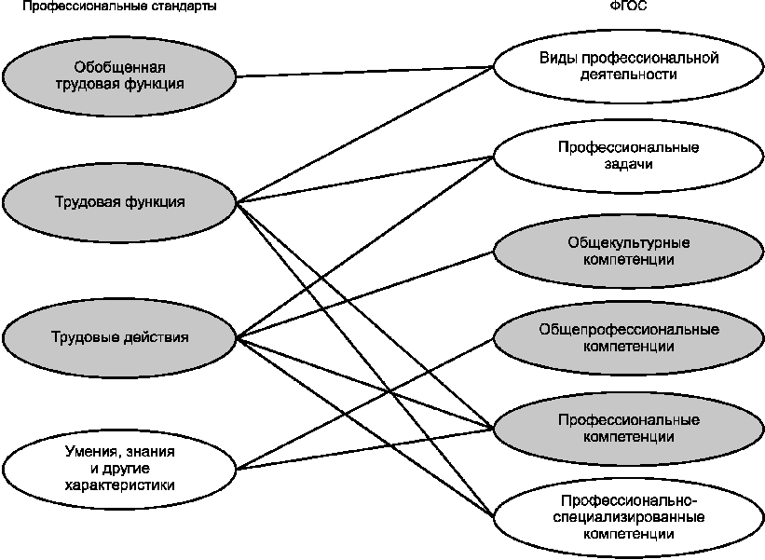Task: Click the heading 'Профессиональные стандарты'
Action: pos(119,7)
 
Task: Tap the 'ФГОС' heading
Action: pos(628,6)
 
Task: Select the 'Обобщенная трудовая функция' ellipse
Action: pos(119,75)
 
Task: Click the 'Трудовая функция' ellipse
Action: pos(119,202)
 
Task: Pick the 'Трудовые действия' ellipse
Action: pos(119,337)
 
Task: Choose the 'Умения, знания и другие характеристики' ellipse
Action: pos(119,469)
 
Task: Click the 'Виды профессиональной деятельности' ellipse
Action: pos(628,66)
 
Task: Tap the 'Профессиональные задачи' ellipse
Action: pos(628,156)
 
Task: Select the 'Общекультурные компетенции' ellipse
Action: pos(628,251)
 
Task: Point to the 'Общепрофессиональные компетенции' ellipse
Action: pos(628,337)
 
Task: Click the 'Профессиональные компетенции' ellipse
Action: pos(628,429)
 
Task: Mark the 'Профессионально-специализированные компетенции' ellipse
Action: pos(628,517)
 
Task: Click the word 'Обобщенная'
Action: pos(119,67)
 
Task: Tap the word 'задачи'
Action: pos(628,164)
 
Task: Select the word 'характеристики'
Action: pos(119,485)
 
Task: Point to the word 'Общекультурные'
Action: pos(628,243)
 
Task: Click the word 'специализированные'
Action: pos(628,517)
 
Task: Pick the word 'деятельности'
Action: pos(628,75)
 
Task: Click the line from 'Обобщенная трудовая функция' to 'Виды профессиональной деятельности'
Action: pos(365,71)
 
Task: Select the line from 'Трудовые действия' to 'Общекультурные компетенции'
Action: pos(365,294)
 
